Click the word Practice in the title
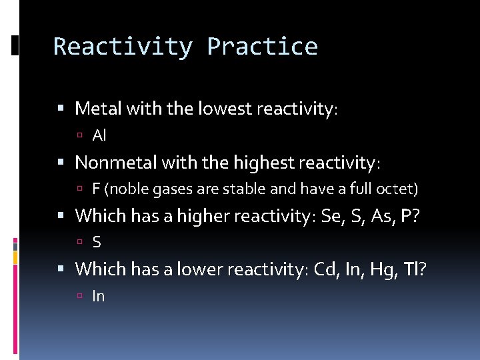262,47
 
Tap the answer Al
99,136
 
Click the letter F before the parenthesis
96,189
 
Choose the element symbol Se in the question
331,216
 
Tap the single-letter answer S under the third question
97,243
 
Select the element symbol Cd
325,269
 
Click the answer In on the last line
99,297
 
